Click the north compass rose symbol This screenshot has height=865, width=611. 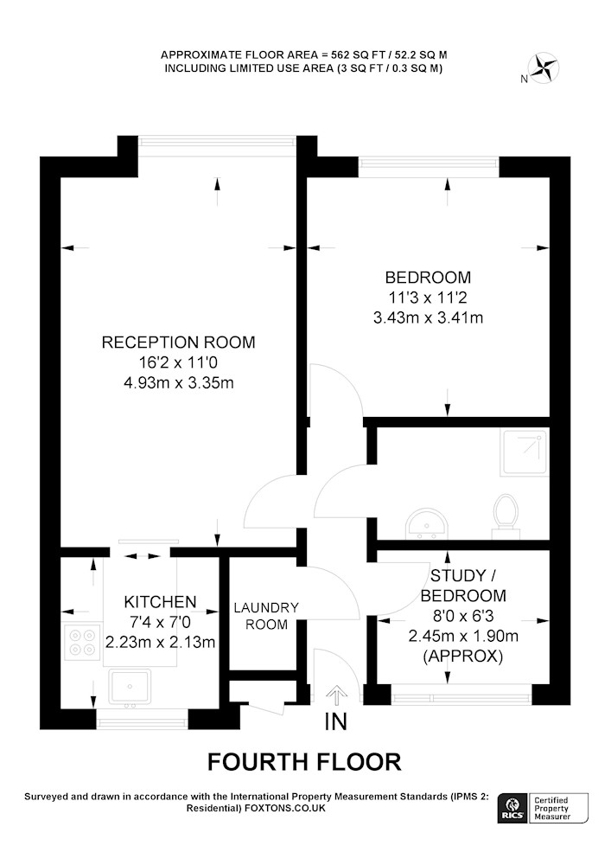pos(544,67)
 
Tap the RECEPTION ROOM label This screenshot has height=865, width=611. pos(179,342)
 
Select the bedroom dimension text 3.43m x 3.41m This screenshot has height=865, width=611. pos(428,317)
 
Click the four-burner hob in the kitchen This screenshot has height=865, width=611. pos(83,642)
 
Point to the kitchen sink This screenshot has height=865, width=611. pos(130,687)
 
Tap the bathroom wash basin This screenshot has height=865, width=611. pos(427,523)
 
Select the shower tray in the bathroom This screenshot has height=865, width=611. pos(525,453)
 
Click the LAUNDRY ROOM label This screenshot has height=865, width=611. pos(266,616)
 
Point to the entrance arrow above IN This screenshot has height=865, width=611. pos(334,695)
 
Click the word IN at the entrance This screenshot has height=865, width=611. pos(335,722)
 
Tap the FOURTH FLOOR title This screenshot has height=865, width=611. pos(304,762)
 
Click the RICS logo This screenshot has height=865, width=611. pos(512,809)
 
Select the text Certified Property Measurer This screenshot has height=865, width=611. pos(552,808)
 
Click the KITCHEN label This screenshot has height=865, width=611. pos(160,601)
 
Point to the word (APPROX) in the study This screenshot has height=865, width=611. pos(463,657)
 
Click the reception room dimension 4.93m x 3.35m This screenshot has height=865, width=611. pos(179,383)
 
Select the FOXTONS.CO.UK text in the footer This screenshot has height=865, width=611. pos(285,808)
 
